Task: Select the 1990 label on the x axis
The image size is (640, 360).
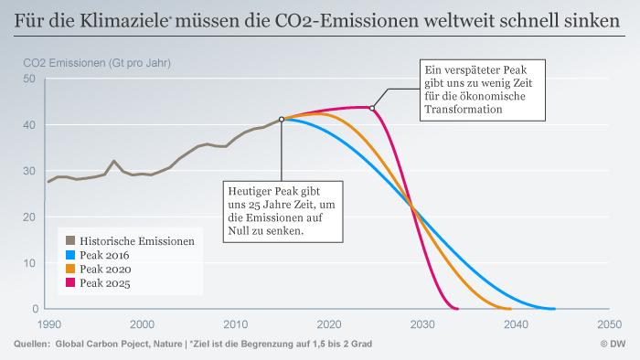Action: point(48,323)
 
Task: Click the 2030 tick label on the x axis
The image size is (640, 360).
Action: point(421,323)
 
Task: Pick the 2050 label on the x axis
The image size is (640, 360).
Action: point(608,323)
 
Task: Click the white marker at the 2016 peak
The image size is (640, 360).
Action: point(282,119)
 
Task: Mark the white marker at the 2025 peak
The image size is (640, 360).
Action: point(372,108)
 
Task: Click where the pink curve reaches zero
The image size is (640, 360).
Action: point(456,308)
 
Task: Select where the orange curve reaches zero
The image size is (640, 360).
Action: point(509,308)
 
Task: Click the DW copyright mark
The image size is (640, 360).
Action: point(613,344)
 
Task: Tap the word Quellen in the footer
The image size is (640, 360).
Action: point(32,344)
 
